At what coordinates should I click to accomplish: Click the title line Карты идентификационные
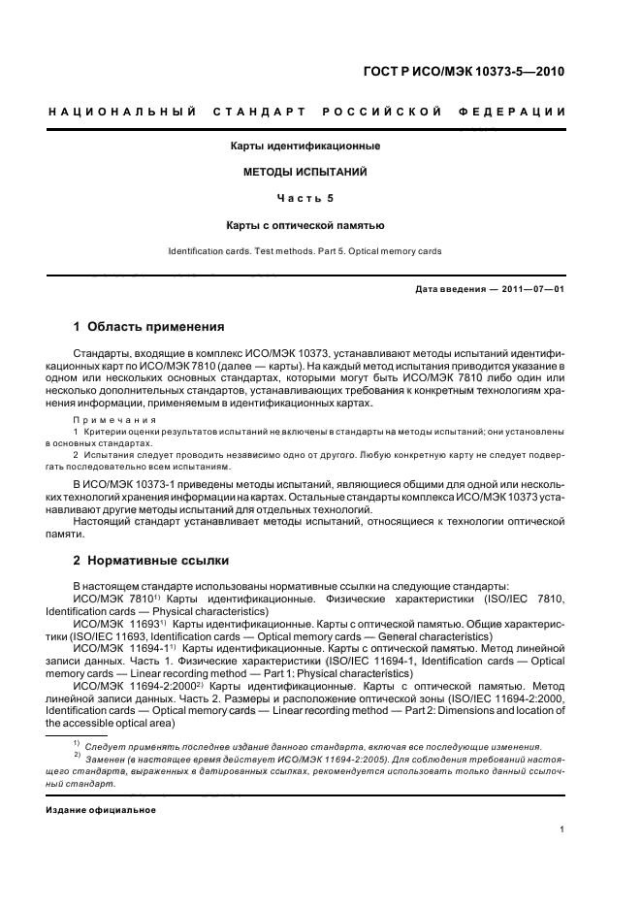pyautogui.click(x=304, y=146)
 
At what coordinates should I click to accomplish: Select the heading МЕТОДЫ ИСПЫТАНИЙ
pyautogui.click(x=304, y=172)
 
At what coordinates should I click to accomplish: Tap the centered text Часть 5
pyautogui.click(x=304, y=199)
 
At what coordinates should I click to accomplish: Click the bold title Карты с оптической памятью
pyautogui.click(x=304, y=225)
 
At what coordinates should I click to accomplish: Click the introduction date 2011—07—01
pyautogui.click(x=531, y=289)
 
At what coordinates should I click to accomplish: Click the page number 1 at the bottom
pyautogui.click(x=562, y=829)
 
